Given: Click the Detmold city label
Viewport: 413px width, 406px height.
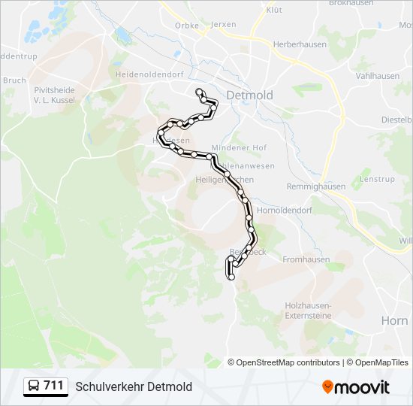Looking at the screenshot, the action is pos(249,95).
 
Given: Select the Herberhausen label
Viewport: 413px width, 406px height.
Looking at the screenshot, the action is pos(297,45).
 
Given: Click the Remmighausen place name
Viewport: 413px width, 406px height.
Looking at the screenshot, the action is pos(316,186).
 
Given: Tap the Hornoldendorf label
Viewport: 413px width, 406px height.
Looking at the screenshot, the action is pos(284,211).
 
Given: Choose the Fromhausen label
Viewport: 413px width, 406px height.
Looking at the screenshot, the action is pos(306,259).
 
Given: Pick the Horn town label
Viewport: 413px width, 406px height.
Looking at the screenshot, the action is pos(394,320).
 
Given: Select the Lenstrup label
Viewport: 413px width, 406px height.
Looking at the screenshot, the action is pos(377,179).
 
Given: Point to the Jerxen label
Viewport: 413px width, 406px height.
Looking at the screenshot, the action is pos(224,24).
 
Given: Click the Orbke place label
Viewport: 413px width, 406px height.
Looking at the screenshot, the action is pos(186,25).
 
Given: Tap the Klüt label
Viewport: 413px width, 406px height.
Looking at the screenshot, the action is pos(274,10).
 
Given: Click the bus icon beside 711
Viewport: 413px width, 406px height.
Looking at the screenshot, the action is pos(34,386).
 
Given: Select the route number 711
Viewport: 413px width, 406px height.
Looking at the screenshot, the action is pos(53,386).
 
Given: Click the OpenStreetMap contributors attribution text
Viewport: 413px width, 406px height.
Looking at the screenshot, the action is pos(287,362).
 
